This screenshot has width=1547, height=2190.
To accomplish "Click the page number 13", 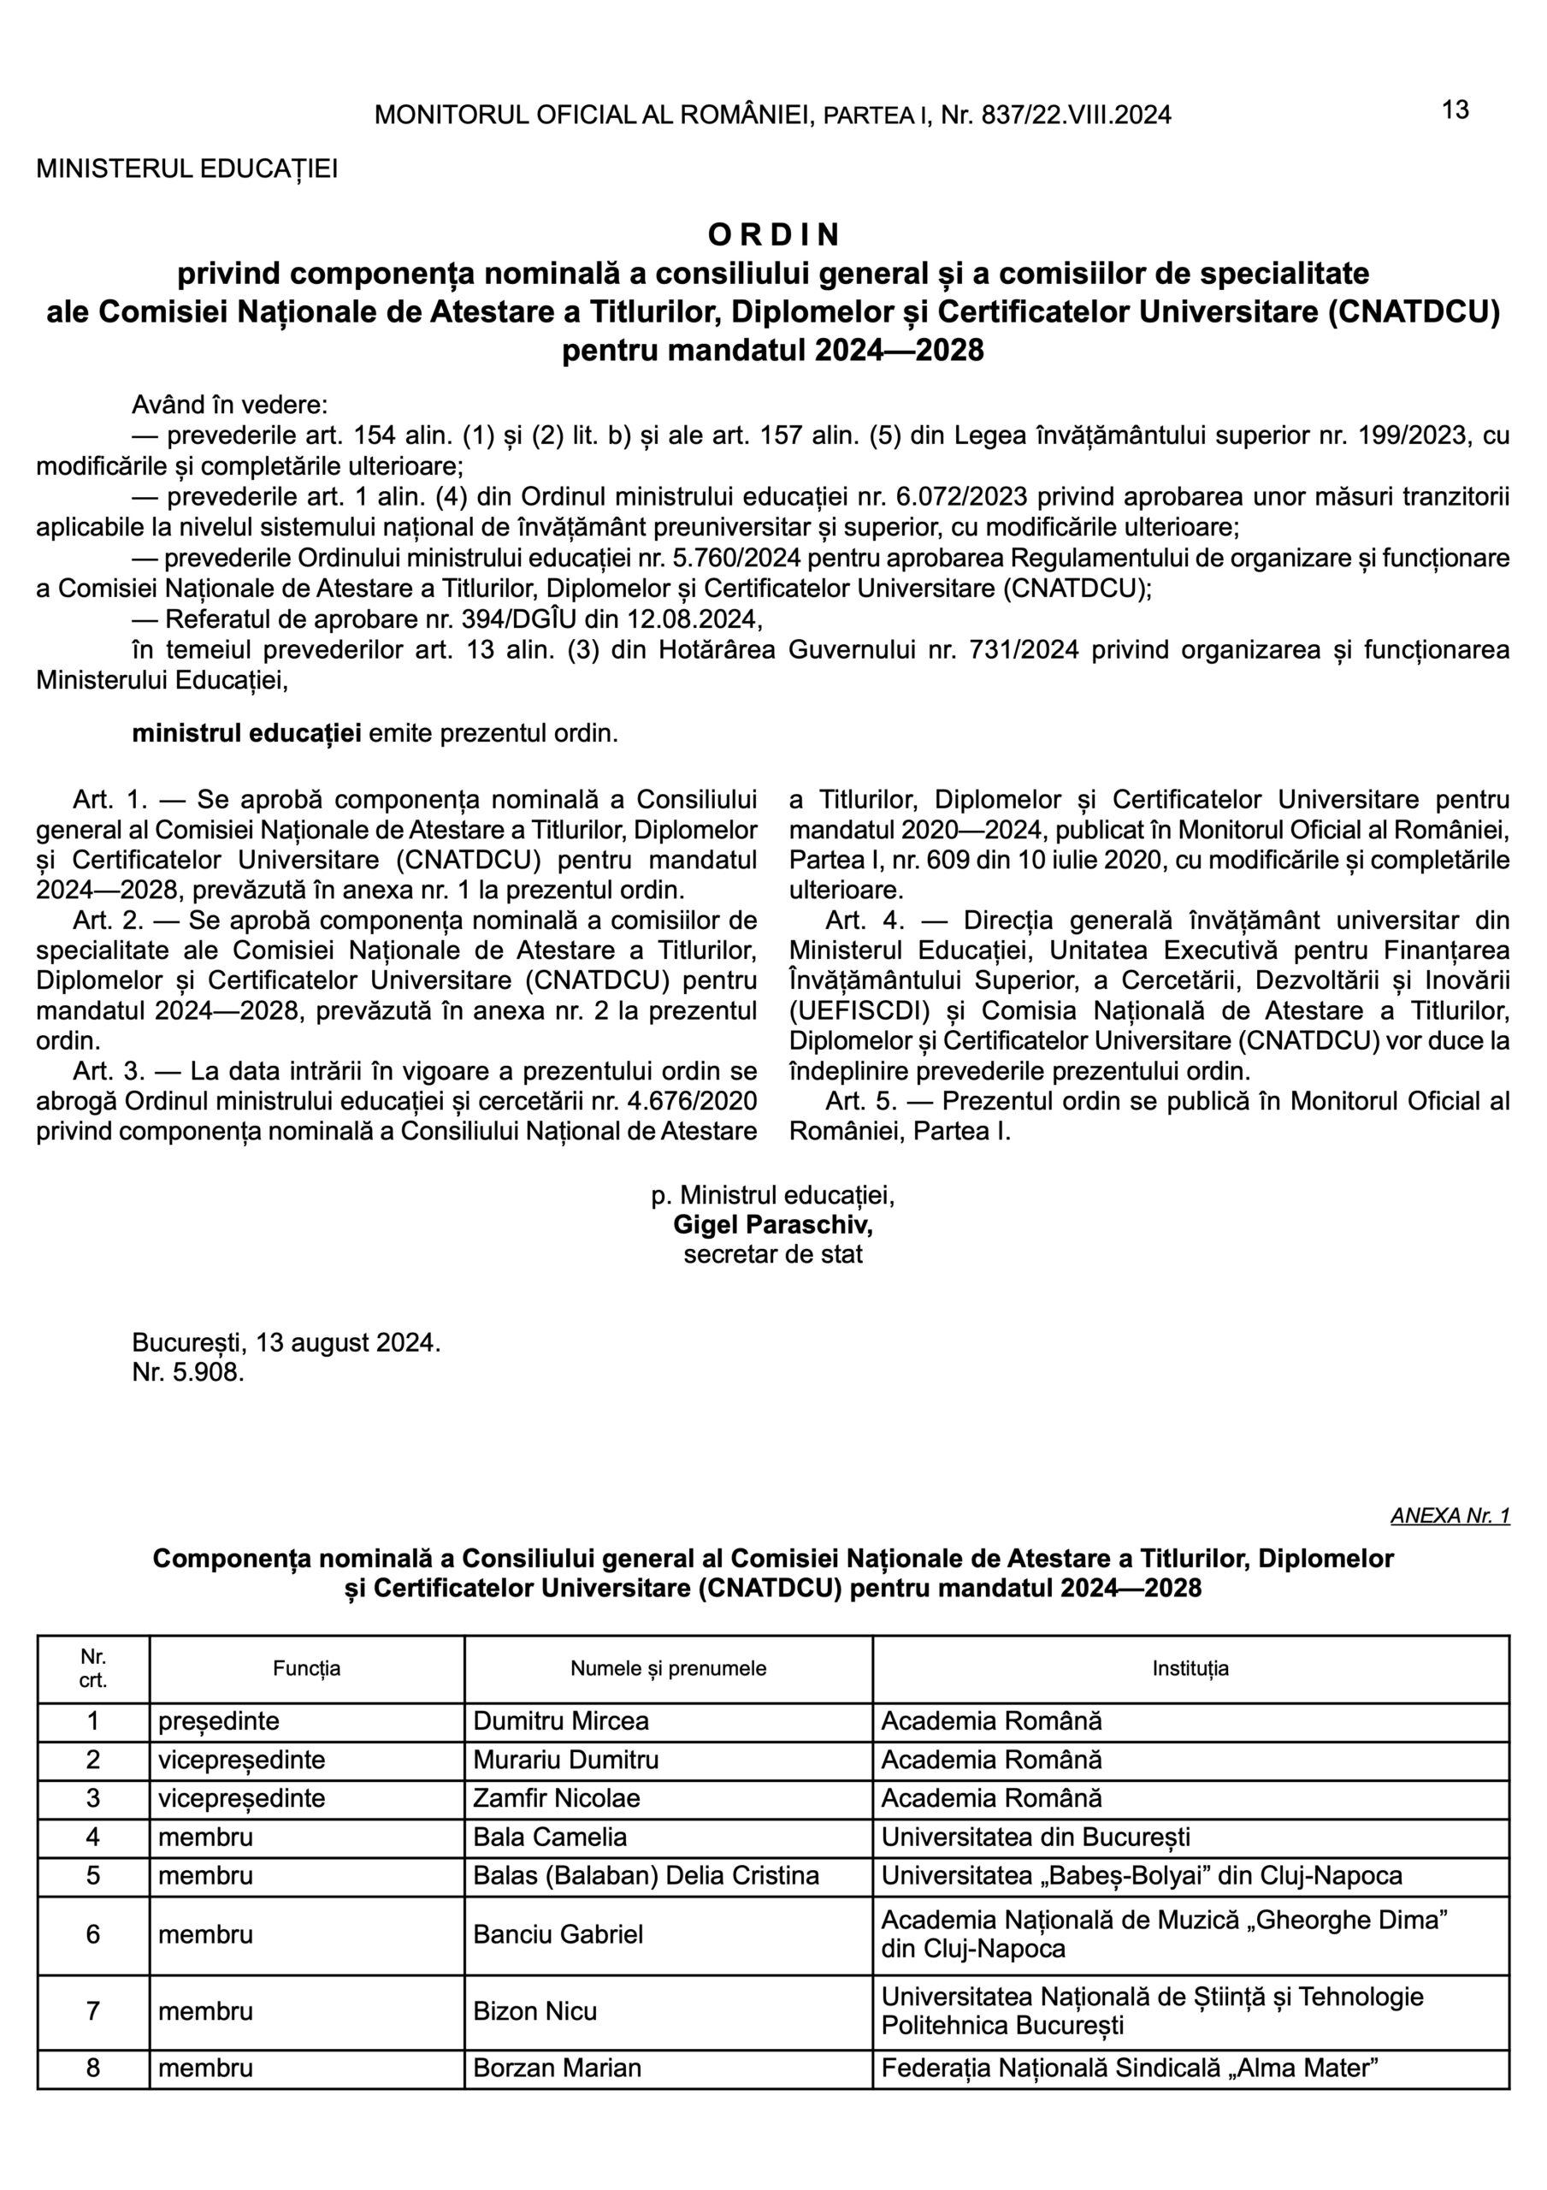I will click(x=1455, y=110).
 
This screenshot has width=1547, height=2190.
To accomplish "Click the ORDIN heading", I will click(x=773, y=234).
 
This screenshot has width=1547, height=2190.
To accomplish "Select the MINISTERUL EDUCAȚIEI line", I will click(x=187, y=169).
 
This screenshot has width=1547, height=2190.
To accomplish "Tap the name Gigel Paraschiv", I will click(x=772, y=1224).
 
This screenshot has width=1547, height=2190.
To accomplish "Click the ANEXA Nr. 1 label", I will click(x=1450, y=1516).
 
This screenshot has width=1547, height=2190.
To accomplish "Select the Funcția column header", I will click(x=306, y=1668).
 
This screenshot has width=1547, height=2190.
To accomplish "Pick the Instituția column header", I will click(x=1190, y=1668).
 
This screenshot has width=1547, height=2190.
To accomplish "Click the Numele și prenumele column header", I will click(x=668, y=1668).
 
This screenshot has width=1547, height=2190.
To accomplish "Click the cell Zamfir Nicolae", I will click(x=557, y=1798).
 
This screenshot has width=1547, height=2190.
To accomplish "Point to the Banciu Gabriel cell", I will click(x=558, y=1933).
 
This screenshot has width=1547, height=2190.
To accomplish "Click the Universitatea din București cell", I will click(x=1035, y=1837).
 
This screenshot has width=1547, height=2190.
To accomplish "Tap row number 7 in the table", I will click(x=92, y=2010).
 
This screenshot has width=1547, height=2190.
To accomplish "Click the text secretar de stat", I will click(x=772, y=1253).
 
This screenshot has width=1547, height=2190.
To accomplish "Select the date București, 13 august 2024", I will click(x=286, y=1343).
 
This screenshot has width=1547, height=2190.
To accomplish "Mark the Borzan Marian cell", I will click(x=557, y=2068).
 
